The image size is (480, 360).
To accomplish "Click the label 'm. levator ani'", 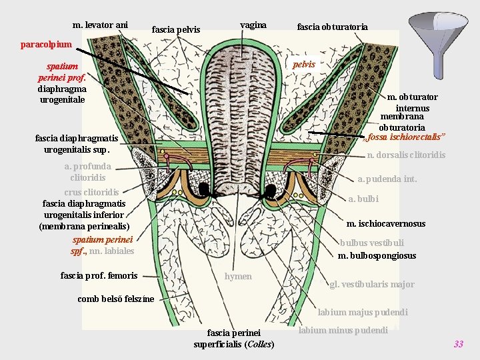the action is [100, 25].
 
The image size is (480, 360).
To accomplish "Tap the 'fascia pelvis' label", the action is [176, 29].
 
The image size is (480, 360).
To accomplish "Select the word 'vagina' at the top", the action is [253, 25].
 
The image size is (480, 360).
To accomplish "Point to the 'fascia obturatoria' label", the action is [332, 27].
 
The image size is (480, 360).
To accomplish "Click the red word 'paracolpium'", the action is [46, 45].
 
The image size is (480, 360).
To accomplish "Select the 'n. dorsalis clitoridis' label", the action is [406, 155].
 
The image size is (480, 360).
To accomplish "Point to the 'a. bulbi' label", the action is [363, 199].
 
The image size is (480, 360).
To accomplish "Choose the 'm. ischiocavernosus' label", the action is [386, 223].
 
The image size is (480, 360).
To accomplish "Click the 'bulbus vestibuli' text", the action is [371, 243].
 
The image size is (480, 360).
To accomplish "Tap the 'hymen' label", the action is [238, 276].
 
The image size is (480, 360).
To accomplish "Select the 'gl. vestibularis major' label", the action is [372, 285].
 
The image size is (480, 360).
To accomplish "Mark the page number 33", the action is [458, 344].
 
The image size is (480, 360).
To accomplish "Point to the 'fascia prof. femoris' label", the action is [99, 275].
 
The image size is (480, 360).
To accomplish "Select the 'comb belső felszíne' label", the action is [115, 299].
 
